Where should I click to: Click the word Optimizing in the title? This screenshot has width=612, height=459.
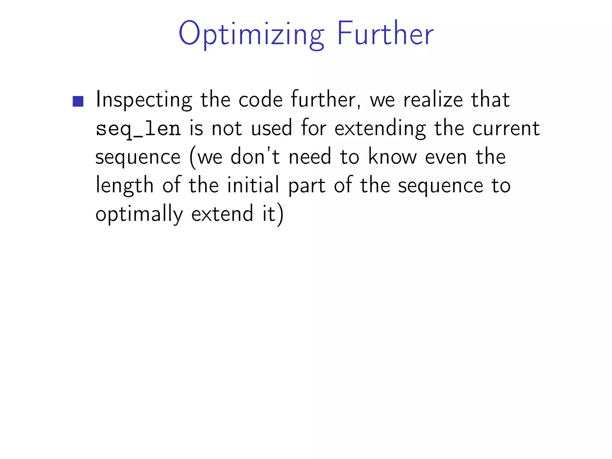click(x=251, y=34)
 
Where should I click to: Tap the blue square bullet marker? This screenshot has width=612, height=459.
click(x=78, y=101)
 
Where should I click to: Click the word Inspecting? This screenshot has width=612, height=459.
click(x=144, y=100)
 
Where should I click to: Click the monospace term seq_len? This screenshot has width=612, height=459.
click(x=138, y=129)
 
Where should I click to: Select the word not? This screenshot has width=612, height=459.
click(x=227, y=128)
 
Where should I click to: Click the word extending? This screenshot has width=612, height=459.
click(x=380, y=129)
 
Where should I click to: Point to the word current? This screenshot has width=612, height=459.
click(x=506, y=128)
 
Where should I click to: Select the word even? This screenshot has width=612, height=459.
click(x=446, y=157)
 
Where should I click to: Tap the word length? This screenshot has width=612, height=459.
click(x=124, y=185)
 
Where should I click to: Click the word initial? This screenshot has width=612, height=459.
click(x=253, y=185)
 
